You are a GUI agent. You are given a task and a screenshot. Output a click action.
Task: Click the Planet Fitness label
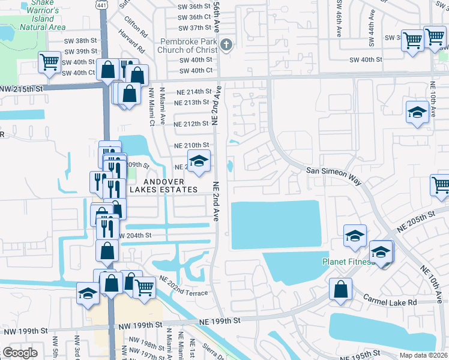348,262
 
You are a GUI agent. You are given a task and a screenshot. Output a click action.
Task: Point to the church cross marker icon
226,44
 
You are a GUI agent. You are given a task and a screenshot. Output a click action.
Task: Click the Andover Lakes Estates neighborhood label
170,185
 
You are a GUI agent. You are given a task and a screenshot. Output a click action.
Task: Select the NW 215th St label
22,89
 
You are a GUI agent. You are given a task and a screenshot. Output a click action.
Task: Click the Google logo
20,353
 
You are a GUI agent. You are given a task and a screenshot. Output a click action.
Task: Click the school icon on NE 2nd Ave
199,161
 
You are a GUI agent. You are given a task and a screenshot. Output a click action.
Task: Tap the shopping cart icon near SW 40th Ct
49,61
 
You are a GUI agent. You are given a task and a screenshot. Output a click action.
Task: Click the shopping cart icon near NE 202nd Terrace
144,288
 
